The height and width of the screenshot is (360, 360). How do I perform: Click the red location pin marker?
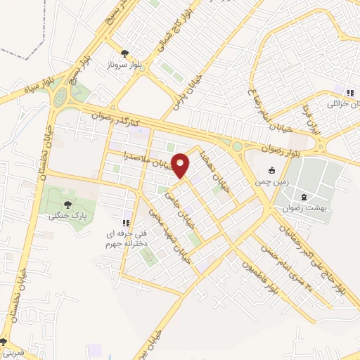coord(181,165)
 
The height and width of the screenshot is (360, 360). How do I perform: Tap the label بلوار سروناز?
coord(124,63)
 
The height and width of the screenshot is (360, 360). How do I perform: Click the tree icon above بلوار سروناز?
coord(124,53)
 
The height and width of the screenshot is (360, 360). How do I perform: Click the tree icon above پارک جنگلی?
coord(67,205)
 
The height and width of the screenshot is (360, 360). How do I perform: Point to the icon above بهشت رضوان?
coord(303,197)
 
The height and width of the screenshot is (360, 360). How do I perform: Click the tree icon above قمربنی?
coord(4,342)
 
